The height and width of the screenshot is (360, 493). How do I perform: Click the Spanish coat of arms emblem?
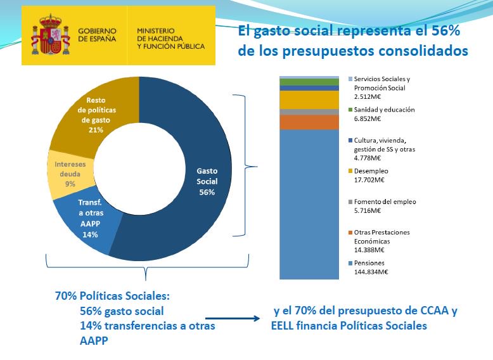(50, 36)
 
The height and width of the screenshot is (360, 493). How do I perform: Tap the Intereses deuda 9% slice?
(68, 172)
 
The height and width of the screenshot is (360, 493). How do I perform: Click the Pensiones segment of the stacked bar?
(309, 203)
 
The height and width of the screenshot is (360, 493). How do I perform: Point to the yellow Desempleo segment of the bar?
(309, 100)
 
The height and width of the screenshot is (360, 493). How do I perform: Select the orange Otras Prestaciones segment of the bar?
(309, 122)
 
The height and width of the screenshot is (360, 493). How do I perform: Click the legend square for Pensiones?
(350, 263)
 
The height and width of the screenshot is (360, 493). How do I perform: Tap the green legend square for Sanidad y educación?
(350, 110)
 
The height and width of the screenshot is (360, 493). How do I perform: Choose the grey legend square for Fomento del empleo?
(350, 202)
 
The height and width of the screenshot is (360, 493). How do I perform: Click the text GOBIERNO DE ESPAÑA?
(98, 34)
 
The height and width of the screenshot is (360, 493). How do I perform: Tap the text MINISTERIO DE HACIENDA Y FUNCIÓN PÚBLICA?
(170, 38)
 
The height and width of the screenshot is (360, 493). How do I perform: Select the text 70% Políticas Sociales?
(112, 296)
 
